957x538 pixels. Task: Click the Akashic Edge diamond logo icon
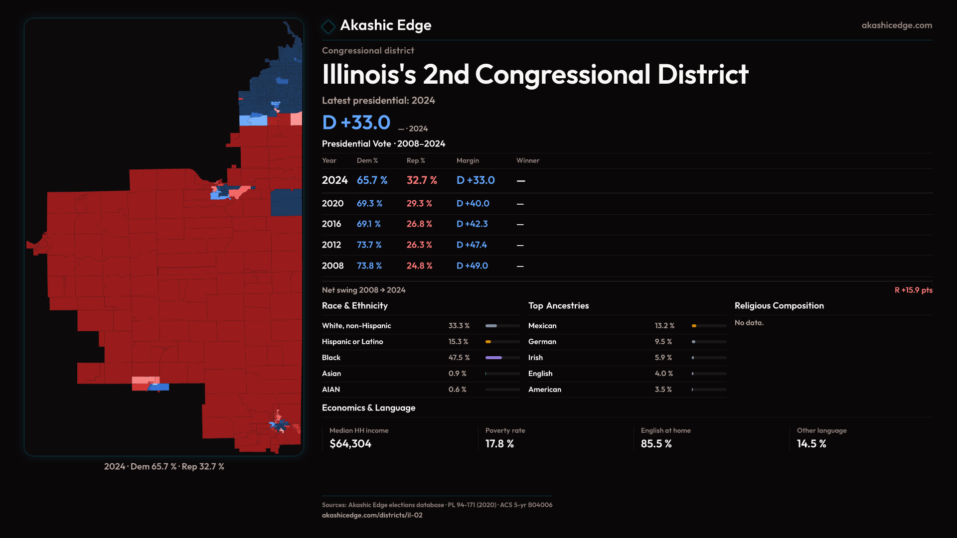pos(328,26)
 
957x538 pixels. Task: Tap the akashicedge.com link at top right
pos(897,25)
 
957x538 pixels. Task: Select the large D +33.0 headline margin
pos(356,123)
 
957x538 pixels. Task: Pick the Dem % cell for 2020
pos(369,204)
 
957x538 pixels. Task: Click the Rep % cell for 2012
pos(419,245)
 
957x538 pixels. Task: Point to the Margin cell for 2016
pos(472,224)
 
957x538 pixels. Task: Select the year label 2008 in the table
pos(332,266)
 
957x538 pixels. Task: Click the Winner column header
pos(528,160)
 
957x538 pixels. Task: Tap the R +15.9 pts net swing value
pos(913,290)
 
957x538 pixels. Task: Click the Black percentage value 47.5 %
pos(459,358)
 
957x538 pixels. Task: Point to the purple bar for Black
pos(493,358)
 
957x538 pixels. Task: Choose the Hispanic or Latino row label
pos(352,342)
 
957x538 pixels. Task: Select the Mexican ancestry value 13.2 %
pos(664,326)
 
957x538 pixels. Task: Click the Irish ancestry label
pos(535,358)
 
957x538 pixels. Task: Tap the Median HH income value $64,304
pos(350,444)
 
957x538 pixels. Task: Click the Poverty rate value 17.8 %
pos(499,444)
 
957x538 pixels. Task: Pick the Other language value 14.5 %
pos(811,444)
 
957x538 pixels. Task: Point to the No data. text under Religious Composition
pos(749,323)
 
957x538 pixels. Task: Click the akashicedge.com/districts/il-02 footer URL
pos(372,516)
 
